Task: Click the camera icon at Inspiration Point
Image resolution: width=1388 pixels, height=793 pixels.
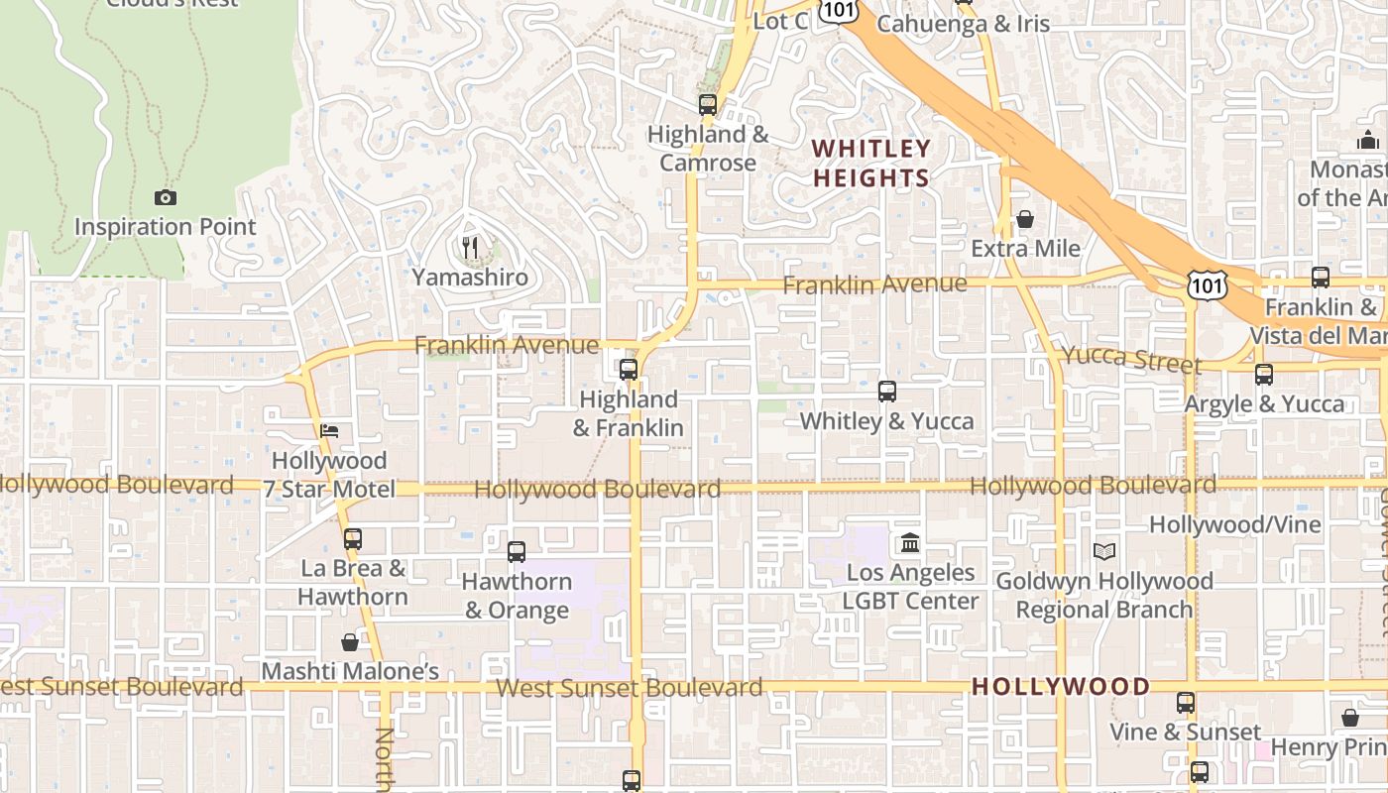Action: click(x=166, y=198)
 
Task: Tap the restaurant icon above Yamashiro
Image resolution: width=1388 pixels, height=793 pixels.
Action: click(x=470, y=247)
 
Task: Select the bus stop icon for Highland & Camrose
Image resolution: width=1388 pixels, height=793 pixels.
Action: click(x=707, y=104)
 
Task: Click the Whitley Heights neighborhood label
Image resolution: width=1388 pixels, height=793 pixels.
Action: click(x=871, y=164)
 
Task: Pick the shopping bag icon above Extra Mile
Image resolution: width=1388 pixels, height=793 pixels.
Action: click(x=1025, y=218)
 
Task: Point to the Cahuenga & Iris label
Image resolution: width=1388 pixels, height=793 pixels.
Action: click(x=963, y=24)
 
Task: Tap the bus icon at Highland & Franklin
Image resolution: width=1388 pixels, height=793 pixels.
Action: click(x=628, y=370)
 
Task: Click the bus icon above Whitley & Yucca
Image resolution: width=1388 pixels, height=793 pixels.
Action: click(x=887, y=392)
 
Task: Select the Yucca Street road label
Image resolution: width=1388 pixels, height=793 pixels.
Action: click(x=1131, y=359)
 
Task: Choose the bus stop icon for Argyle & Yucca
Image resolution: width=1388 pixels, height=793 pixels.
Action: click(x=1264, y=375)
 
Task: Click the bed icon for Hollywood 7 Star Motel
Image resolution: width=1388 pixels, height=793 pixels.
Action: click(x=329, y=430)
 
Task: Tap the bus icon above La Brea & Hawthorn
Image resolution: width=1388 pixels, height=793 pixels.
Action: click(x=352, y=539)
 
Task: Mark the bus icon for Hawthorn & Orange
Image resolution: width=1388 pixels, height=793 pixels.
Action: click(x=517, y=552)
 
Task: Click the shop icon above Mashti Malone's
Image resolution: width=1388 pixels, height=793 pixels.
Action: click(x=349, y=642)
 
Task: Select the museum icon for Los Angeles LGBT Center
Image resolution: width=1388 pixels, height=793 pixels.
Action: click(x=910, y=543)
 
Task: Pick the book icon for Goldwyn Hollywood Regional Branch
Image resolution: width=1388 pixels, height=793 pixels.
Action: click(x=1104, y=551)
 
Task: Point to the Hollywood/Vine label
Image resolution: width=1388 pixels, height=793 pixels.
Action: click(x=1234, y=524)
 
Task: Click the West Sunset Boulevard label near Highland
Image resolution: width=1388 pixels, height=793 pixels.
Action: click(x=630, y=687)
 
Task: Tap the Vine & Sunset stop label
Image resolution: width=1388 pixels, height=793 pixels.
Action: click(x=1185, y=733)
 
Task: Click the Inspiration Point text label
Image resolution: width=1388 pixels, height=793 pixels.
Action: click(x=166, y=227)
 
